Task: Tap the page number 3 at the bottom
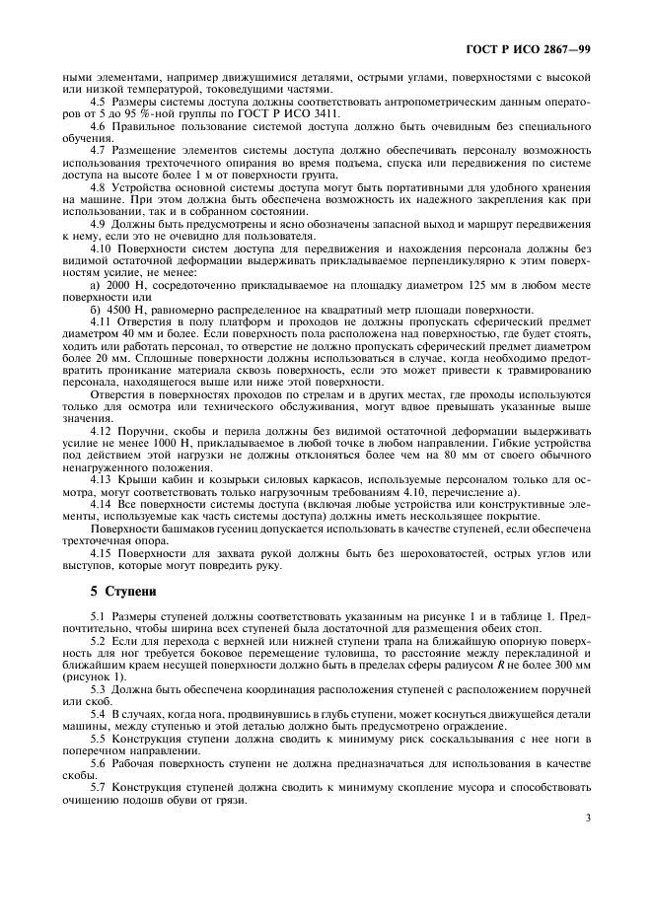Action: tap(587, 816)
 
